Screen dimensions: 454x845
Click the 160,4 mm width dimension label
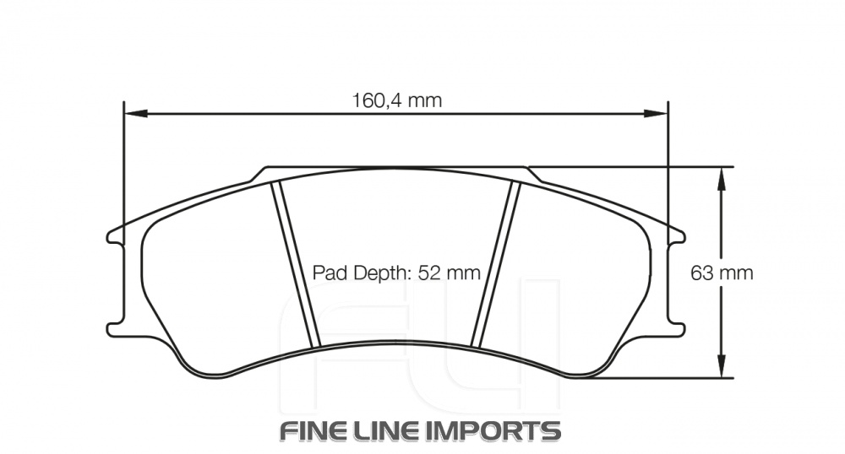click(x=396, y=100)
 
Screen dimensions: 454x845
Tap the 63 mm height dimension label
click(x=722, y=273)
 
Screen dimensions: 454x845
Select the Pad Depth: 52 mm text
click(x=396, y=273)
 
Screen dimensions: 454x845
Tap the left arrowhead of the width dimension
click(x=134, y=112)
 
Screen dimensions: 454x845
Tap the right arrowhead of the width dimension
click(x=658, y=112)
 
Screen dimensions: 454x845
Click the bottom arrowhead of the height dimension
click(x=721, y=369)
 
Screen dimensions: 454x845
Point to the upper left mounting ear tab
click(x=112, y=236)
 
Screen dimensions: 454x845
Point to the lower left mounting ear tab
click(x=112, y=327)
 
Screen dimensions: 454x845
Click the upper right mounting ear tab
click(x=679, y=236)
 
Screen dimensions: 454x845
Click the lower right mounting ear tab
click(x=679, y=327)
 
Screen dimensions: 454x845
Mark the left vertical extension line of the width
click(x=124, y=169)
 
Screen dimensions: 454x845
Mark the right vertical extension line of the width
click(x=668, y=169)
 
